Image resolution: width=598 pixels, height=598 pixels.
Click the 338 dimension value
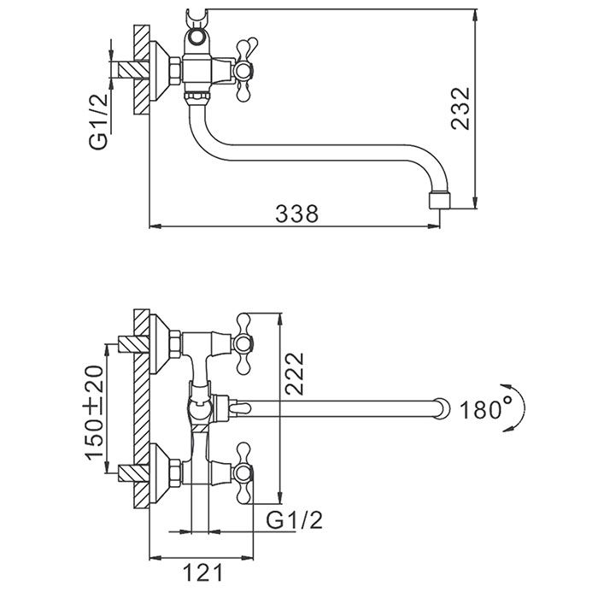[x=296, y=214]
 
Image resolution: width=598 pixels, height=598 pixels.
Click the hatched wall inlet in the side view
[x=128, y=67]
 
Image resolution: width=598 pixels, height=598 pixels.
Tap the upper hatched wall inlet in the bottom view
[x=127, y=344]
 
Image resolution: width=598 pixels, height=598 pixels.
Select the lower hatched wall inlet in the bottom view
[x=127, y=469]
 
